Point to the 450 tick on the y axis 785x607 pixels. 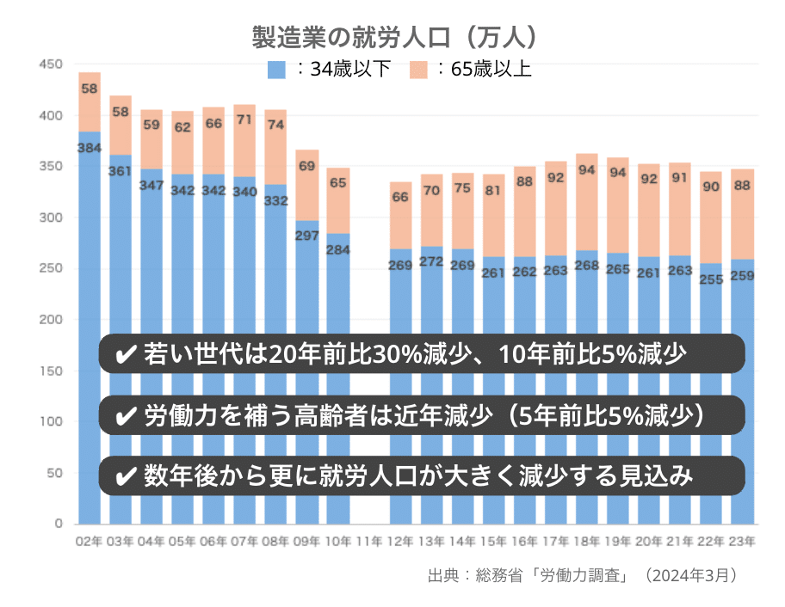52,64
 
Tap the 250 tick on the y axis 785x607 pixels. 52,268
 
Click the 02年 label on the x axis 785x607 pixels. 90,542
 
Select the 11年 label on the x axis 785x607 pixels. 369,542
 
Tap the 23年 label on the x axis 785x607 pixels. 742,542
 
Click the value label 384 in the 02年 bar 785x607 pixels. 90,148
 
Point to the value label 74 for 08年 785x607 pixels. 275,125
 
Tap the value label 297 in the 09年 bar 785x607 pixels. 307,236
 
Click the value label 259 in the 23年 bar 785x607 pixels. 742,275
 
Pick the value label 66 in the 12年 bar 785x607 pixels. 400,198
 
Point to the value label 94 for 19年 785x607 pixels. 618,172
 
